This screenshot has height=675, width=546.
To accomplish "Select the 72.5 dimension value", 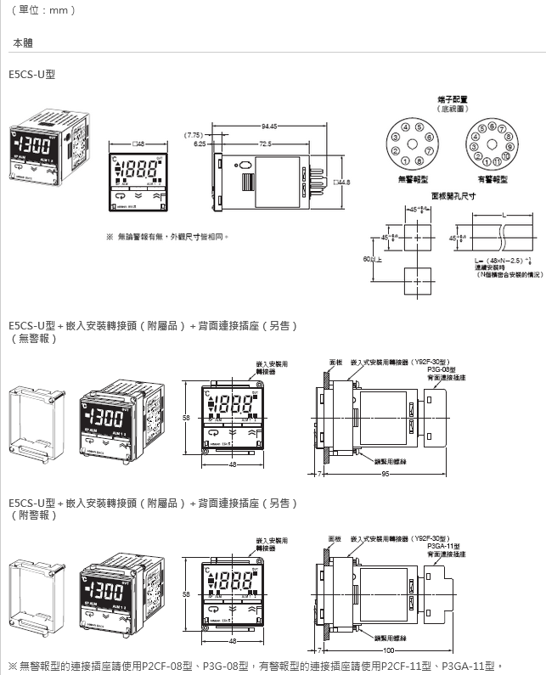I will click(265, 143).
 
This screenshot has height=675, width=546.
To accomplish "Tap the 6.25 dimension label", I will click(200, 143).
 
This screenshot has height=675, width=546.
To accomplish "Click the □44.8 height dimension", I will click(342, 183).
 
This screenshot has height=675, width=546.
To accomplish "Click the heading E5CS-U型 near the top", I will click(31, 75).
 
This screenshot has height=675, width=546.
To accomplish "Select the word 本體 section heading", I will click(23, 42).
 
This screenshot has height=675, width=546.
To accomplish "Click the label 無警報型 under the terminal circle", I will click(413, 179).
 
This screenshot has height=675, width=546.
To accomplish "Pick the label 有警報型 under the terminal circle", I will click(493, 179).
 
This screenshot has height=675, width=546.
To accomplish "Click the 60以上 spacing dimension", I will click(371, 259).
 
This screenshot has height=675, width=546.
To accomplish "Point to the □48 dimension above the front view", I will click(140, 143).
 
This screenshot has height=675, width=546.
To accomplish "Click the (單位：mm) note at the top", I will click(43, 10).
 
